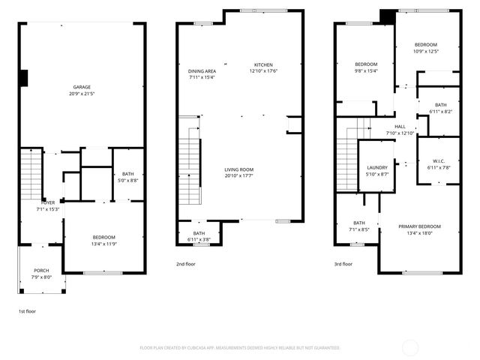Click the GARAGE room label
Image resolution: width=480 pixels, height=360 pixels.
tap(82, 87)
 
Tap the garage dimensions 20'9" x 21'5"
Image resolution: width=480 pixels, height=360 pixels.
tap(82, 94)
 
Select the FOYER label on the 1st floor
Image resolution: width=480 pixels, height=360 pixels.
tap(47, 202)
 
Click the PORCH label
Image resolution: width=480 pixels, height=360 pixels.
tap(41, 270)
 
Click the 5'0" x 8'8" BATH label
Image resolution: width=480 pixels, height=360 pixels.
tap(128, 174)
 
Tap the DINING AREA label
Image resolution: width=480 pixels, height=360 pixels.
tap(202, 70)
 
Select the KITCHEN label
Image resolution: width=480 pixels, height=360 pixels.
tap(263, 64)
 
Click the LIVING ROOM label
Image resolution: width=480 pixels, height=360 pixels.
tap(238, 169)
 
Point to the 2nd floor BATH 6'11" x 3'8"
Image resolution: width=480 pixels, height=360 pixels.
tap(199, 233)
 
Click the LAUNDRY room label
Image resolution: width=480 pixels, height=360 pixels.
tap(376, 167)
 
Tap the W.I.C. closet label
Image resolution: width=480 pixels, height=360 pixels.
tap(439, 161)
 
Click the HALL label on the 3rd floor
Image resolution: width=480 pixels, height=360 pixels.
tap(400, 127)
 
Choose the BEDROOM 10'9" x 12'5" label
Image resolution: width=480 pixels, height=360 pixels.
tap(425, 45)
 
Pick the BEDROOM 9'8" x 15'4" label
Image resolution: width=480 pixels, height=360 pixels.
tap(366, 64)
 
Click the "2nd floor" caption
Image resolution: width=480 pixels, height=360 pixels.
tap(186, 264)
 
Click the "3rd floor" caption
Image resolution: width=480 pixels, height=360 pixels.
tap(343, 264)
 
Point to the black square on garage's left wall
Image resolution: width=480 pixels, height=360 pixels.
tap(24, 77)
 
